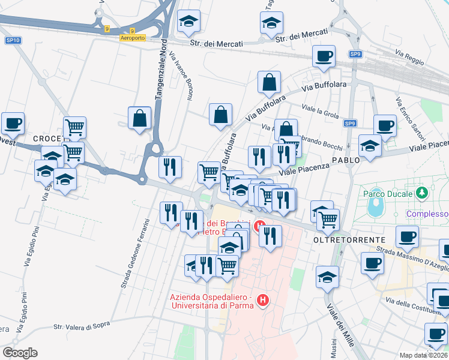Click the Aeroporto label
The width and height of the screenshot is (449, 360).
click(133, 37)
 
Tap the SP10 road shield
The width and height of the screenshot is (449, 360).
click(13, 40)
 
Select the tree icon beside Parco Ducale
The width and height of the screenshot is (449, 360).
click(423, 193)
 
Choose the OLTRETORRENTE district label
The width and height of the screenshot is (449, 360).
click(349, 239)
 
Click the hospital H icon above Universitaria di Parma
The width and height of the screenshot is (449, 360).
click(262, 300)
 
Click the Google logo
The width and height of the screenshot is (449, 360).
click(20, 353)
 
